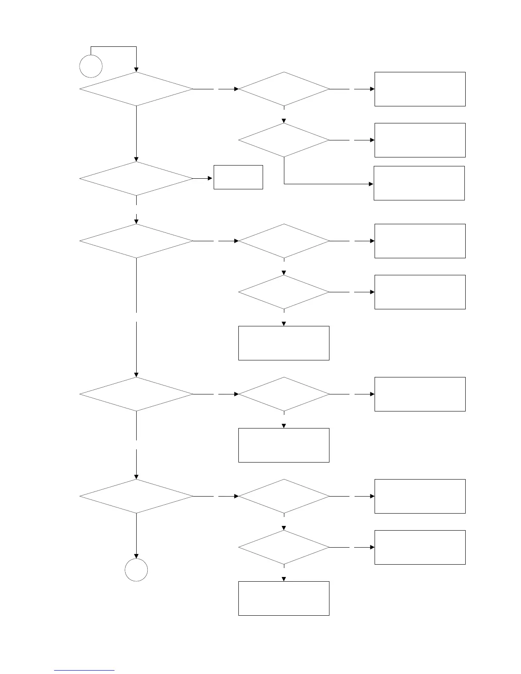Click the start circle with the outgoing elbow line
(x=91, y=66)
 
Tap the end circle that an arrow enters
(x=136, y=570)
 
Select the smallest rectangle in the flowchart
(x=238, y=177)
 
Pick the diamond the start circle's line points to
(x=136, y=89)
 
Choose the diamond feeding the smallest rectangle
(x=136, y=179)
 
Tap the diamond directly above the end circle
(x=136, y=496)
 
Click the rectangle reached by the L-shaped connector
(x=419, y=183)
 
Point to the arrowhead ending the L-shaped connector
(x=371, y=184)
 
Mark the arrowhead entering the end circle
(x=136, y=556)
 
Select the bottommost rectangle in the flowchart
(x=283, y=598)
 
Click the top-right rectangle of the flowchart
(x=420, y=89)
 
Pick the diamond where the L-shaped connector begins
(x=283, y=140)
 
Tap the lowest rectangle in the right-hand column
(x=420, y=547)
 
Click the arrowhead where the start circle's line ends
(x=136, y=69)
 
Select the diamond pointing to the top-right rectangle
(x=283, y=89)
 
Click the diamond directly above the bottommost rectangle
(x=283, y=547)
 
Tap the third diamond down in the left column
(x=136, y=241)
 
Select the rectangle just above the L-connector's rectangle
(x=420, y=140)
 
